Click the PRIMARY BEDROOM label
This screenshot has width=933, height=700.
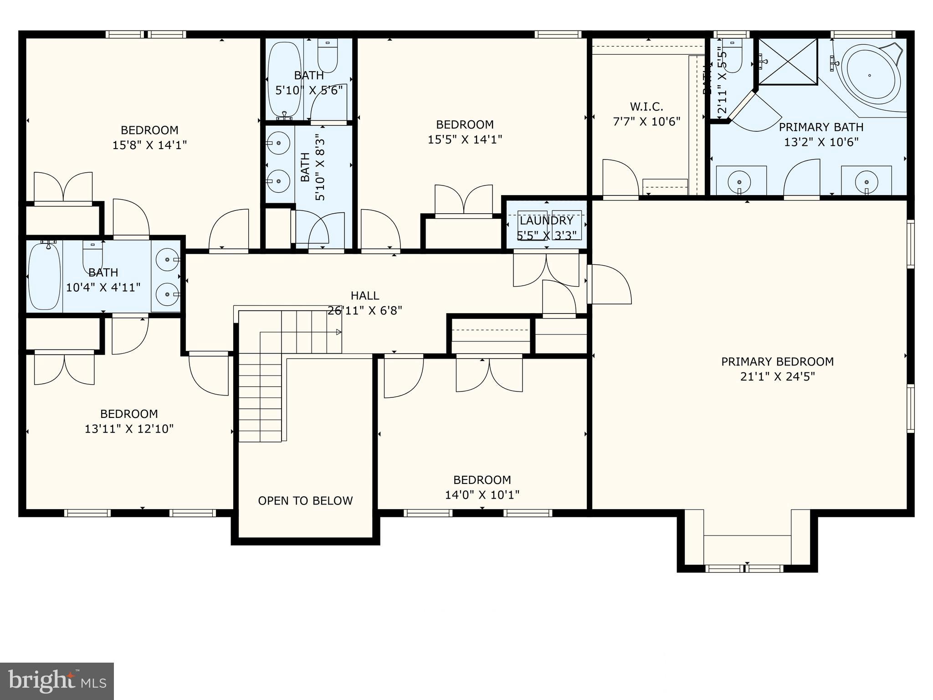click(777, 361)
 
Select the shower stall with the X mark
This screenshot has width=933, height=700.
click(788, 62)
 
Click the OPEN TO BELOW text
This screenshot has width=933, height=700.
click(305, 501)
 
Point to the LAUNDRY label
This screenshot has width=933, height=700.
click(546, 221)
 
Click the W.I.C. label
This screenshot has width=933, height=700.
click(646, 107)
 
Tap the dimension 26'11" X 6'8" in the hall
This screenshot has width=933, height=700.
click(365, 311)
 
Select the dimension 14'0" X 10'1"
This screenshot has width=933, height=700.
click(482, 495)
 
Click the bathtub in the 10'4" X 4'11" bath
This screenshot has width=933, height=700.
click(44, 277)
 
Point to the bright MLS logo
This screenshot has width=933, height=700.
click(56, 681)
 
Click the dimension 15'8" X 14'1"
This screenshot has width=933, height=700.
click(149, 145)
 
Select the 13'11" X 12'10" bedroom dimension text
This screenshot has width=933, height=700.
click(129, 429)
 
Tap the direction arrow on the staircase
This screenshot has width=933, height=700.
click(338, 332)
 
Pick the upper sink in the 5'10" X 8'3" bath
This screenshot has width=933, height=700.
click(278, 143)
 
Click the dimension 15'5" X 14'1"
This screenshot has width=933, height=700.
click(465, 139)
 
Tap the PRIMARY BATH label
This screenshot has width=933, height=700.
click(821, 127)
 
